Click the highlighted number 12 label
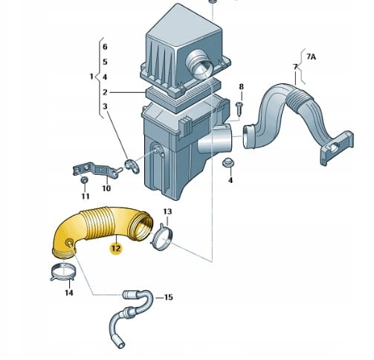pos(116,248)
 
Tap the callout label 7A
pos(311,57)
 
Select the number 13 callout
pos(167,211)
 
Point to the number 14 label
pos(69,293)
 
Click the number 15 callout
pos(168,297)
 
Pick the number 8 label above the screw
pos(241,87)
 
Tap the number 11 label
pos(86,196)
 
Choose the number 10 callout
pos(106,188)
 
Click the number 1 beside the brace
pos(91,77)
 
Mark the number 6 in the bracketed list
pos(105,47)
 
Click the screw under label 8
pos(239,109)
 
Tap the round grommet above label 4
pos(228,162)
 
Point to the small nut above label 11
pos(84,180)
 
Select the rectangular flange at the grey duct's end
pos(337,147)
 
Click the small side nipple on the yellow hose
pos(69,243)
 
